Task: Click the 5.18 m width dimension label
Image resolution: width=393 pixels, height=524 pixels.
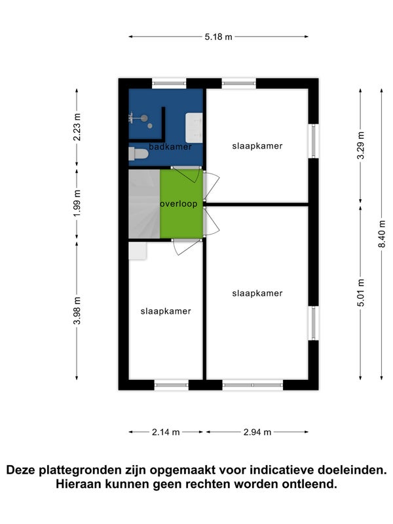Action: (x=218, y=37)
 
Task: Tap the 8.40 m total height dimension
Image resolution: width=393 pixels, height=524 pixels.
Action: (x=382, y=234)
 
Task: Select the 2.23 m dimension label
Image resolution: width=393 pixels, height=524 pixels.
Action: (x=77, y=127)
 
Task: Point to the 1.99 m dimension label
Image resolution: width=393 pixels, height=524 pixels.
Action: (x=77, y=203)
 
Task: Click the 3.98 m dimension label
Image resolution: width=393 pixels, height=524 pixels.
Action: (x=77, y=310)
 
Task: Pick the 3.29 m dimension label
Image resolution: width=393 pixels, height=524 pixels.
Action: (x=361, y=145)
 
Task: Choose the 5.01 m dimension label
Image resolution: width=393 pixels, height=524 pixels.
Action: (x=361, y=293)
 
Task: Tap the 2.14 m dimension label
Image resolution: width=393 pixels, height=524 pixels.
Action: (x=166, y=432)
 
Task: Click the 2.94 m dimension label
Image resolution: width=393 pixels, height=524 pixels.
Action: (x=257, y=432)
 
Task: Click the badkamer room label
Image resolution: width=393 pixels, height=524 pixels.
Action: (x=170, y=146)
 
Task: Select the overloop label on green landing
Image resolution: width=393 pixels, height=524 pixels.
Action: (x=179, y=204)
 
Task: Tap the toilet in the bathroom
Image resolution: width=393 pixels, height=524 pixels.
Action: (x=138, y=154)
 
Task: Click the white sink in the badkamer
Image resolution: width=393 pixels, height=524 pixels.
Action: (x=194, y=128)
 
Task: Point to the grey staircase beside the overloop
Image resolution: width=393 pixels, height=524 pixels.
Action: (x=144, y=204)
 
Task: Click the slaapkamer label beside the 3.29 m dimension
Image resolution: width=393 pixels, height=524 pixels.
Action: (x=257, y=146)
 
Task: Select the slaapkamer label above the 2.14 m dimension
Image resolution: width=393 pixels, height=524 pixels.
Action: (x=166, y=311)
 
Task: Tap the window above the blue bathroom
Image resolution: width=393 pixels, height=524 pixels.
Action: (x=169, y=83)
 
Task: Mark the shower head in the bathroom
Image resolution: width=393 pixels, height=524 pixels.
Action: (x=144, y=118)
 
